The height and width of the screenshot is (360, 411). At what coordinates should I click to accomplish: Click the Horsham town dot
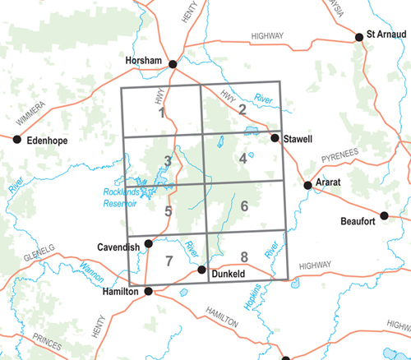point(173,64)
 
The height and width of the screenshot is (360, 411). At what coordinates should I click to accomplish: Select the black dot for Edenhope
point(17,140)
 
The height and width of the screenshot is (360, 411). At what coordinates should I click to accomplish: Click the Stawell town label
point(298,141)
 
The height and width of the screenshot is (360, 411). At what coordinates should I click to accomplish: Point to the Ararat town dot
point(307,186)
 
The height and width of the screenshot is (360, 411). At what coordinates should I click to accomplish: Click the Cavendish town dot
point(149,243)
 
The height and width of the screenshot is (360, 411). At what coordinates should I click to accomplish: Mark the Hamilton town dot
point(148,291)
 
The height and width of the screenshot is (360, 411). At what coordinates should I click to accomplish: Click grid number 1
point(162,113)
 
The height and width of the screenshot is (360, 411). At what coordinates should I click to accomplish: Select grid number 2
point(242,108)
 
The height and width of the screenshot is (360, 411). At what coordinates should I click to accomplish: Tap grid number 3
point(167,160)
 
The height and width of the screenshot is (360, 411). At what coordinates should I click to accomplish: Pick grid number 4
point(242,159)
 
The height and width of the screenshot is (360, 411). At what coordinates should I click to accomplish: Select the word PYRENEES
point(340,154)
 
